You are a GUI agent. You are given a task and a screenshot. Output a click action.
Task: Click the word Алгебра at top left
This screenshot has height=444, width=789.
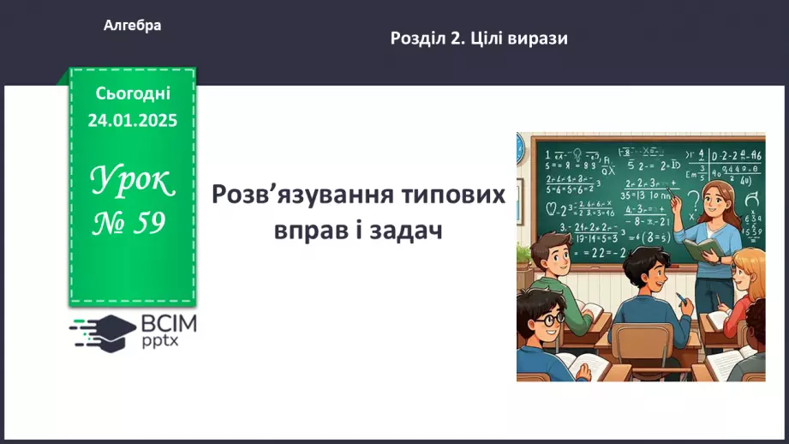(x=132, y=26)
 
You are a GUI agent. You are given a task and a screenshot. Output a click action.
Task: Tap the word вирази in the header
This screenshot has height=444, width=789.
(x=539, y=38)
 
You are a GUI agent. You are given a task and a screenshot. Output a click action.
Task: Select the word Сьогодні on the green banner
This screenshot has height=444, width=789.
(x=133, y=93)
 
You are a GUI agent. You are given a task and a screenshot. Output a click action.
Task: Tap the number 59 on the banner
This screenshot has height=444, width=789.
(x=148, y=224)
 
